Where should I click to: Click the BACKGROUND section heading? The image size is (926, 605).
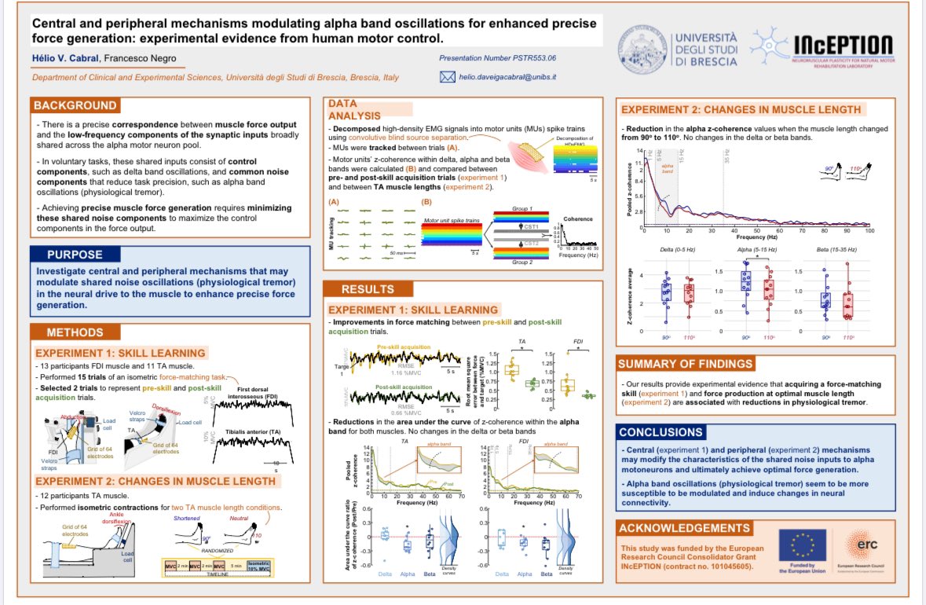75,106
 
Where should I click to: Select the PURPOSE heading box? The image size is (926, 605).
75,255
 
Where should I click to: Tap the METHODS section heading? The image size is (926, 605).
75,332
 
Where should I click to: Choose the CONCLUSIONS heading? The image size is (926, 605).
661,432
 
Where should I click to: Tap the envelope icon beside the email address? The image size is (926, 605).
448,77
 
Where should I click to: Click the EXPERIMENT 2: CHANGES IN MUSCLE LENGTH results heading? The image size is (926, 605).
740,109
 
